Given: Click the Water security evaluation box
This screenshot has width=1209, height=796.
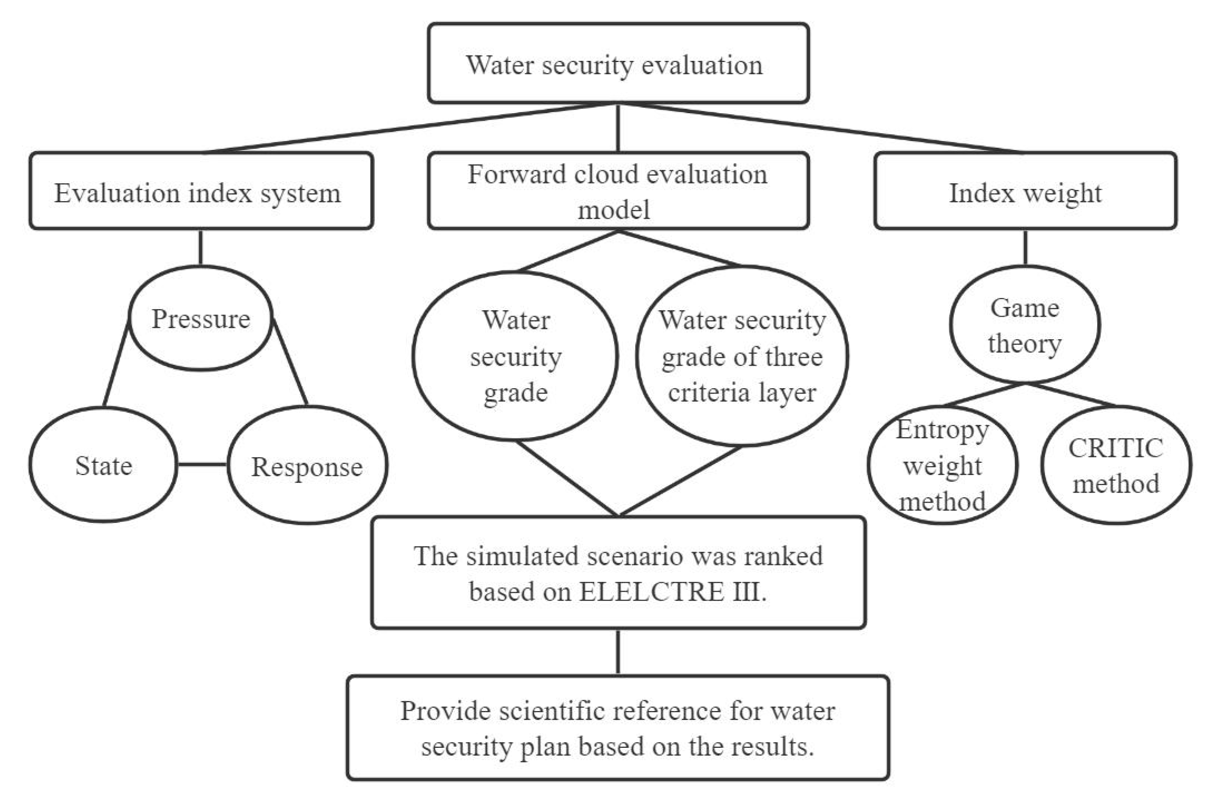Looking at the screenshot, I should pyautogui.click(x=618, y=63).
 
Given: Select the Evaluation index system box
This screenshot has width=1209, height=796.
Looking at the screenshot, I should pyautogui.click(x=201, y=192).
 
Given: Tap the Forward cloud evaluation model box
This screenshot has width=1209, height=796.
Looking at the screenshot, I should pyautogui.click(x=618, y=192).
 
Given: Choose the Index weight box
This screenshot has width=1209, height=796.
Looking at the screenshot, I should pyautogui.click(x=1025, y=192).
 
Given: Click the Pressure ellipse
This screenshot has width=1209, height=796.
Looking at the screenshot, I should pyautogui.click(x=201, y=319).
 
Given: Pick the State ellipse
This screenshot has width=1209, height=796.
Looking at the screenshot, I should pyautogui.click(x=104, y=465).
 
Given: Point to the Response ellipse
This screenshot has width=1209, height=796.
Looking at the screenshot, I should pyautogui.click(x=307, y=466).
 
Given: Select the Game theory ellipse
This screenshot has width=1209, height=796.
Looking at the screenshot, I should pyautogui.click(x=1025, y=325).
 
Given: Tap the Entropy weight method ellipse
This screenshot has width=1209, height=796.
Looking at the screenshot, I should pyautogui.click(x=942, y=465).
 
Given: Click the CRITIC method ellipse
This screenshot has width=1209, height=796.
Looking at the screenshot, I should pyautogui.click(x=1116, y=465).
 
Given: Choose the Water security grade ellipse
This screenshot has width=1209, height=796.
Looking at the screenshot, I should pyautogui.click(x=515, y=356).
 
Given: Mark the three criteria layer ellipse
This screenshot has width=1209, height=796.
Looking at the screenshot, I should pyautogui.click(x=742, y=356).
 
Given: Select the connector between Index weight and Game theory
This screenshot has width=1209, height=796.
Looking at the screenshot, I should pyautogui.click(x=1025, y=247).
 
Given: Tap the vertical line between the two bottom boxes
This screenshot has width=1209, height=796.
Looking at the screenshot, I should pyautogui.click(x=618, y=652).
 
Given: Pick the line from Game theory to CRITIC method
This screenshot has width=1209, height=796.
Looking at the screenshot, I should pyautogui.click(x=1072, y=395).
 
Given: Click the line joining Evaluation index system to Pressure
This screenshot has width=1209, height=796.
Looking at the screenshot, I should pyautogui.click(x=201, y=247).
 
